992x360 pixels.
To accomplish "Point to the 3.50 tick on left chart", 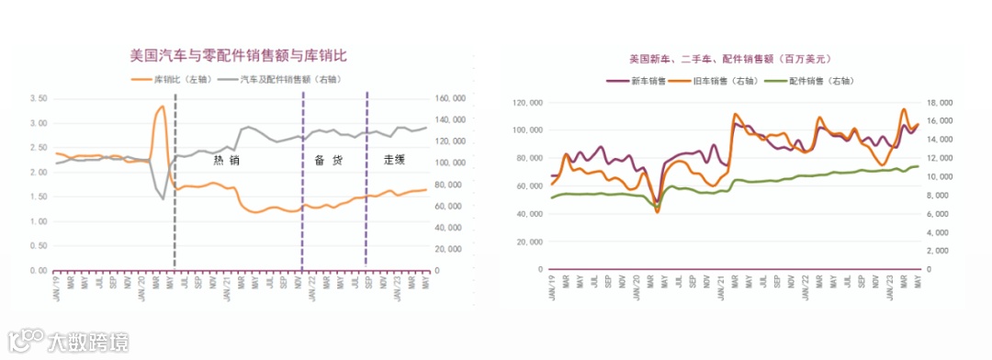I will click(x=39, y=98).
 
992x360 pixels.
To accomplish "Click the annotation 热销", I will click(x=226, y=160).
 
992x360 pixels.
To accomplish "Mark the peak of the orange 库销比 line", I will click(x=163, y=107).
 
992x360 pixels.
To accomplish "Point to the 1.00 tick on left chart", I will click(x=39, y=221).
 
